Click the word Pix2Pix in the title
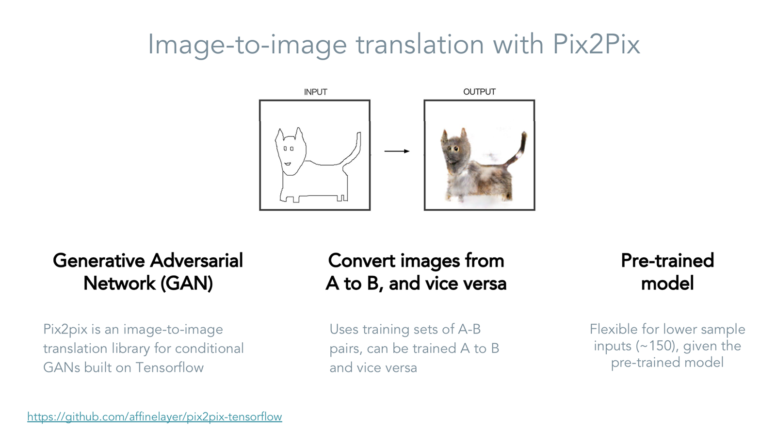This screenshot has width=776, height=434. coord(596,44)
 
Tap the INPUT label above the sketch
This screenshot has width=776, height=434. coord(315,92)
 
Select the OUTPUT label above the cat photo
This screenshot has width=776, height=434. coord(480,92)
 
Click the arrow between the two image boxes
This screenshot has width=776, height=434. coord(397,151)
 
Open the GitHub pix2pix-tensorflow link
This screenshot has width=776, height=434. coord(155,417)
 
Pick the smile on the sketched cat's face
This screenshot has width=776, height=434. coord(287,164)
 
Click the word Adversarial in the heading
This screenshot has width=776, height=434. coord(196,261)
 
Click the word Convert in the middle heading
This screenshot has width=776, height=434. coord(362,261)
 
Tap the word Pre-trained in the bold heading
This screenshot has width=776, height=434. coord(667,261)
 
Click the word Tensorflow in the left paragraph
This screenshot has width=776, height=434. coord(169,367)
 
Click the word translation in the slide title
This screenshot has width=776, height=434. coord(420,44)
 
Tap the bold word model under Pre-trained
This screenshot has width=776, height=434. coord(667,284)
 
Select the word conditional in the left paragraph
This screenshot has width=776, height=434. coord(209,349)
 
